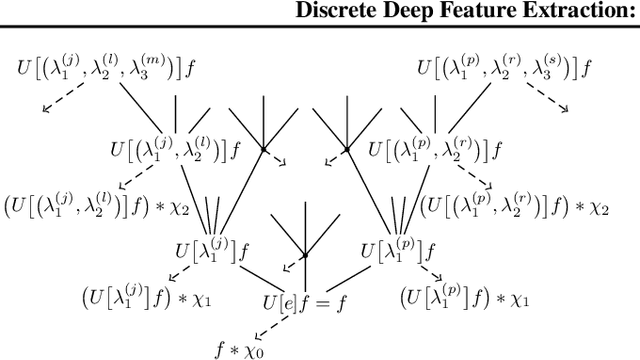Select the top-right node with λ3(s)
tap(503, 69)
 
